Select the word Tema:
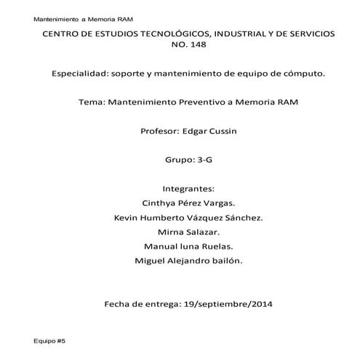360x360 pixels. (x=91, y=102)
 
